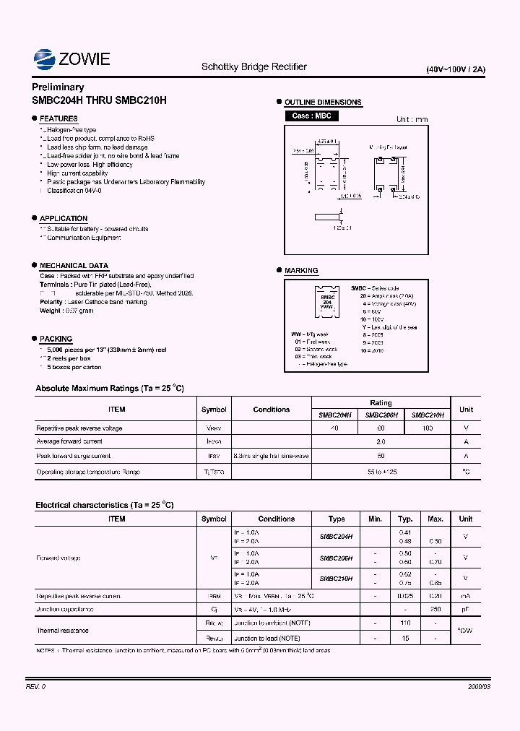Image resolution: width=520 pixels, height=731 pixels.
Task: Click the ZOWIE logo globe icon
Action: pos(45,59)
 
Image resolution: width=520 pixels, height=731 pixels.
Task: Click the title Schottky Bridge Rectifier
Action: pos(253,66)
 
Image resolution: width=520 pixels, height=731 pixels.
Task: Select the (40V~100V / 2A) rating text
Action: pos(456,70)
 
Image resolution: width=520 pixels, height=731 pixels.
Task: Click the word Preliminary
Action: pos(58,87)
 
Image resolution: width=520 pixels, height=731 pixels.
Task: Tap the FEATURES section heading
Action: pos(58,118)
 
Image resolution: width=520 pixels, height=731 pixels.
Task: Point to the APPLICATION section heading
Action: pos(64,218)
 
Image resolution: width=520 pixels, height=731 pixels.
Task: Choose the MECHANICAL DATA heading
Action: pos(74,266)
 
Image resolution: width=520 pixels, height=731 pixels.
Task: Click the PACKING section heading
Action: pos(56,339)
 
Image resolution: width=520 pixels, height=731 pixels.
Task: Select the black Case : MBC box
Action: pos(311,116)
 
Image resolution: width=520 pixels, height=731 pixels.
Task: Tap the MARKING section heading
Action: pos(301,271)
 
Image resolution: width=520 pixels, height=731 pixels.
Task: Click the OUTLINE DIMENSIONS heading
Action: pos(323,103)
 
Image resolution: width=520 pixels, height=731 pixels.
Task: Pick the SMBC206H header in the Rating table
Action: pos(381,415)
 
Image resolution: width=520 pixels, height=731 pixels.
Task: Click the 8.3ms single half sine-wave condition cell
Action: pos(271,456)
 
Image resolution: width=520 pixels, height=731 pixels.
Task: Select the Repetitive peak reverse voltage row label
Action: pos(79,428)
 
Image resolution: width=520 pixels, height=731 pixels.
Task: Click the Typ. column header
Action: pos(405,519)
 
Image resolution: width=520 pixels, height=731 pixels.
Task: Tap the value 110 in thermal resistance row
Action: pos(405,623)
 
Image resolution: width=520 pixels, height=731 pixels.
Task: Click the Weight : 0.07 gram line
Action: pos(66,311)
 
